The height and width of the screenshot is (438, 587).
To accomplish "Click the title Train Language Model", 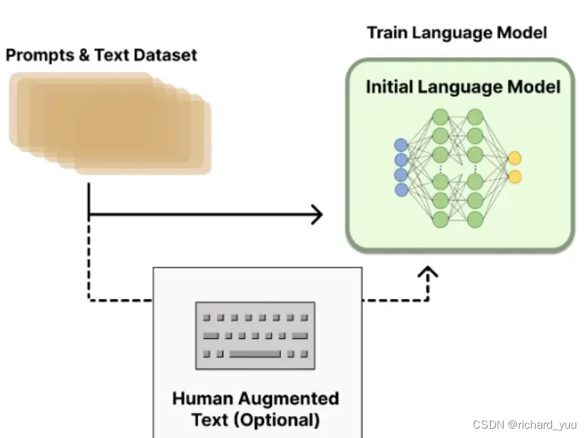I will pos(456,33).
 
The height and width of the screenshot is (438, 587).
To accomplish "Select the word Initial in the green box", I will pos(389,87).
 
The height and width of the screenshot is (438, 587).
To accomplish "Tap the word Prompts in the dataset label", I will pos(36,55).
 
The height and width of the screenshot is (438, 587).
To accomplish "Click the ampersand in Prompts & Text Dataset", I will pos(78,55).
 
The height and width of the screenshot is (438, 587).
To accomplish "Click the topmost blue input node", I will pos(402,146).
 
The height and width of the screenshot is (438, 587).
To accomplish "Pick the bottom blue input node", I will pos(402,190).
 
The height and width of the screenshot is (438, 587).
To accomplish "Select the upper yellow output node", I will pos(514,158).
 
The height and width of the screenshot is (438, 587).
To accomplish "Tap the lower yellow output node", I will pos(514,176).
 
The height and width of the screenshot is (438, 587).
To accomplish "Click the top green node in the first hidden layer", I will pos(440,116).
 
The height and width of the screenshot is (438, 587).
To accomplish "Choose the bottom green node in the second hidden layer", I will pos(475,218).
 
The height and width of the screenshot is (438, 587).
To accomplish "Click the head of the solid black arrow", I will pos(317,214).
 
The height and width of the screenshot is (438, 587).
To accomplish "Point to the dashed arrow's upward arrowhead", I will pos(428,273).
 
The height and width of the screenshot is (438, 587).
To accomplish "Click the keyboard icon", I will pos(255,335).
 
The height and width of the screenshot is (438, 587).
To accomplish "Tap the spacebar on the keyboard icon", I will pos(255,353).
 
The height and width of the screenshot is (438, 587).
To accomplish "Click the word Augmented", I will pos(289,398).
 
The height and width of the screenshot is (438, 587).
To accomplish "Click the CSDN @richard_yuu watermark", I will pos(525,425).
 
